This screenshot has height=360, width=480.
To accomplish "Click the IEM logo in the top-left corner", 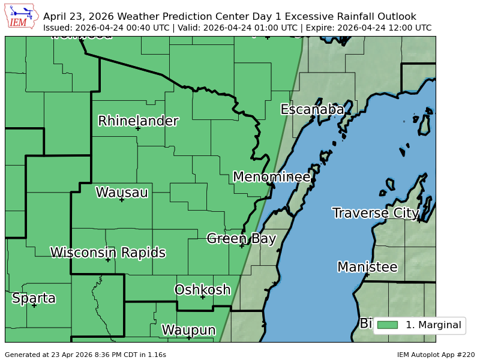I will click(x=22, y=16).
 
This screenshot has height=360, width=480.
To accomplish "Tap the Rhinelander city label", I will click(x=138, y=121).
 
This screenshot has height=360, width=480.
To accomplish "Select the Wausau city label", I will click(x=122, y=192).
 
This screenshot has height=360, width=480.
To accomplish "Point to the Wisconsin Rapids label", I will click(x=108, y=252).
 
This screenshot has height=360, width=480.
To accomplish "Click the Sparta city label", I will click(x=34, y=298).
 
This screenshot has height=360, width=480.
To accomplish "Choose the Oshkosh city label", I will click(x=202, y=290).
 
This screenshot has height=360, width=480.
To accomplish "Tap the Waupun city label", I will click(x=188, y=330).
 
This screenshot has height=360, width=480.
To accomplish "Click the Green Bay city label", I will click(x=241, y=238).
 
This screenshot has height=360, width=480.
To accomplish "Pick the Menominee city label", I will click(x=271, y=176).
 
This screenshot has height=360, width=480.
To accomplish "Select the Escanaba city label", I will click(x=312, y=109).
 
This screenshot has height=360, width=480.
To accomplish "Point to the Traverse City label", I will click(x=376, y=212).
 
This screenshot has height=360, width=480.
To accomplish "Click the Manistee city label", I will click(x=367, y=266).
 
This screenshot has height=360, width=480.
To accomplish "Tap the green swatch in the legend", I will click(x=387, y=325).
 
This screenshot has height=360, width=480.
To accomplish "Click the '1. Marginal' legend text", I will click(x=433, y=325).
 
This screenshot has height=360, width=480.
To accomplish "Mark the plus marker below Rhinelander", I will click(x=138, y=128).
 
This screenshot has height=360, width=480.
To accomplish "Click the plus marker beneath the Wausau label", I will click(x=122, y=199).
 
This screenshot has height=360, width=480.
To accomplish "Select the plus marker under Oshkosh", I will click(x=203, y=297).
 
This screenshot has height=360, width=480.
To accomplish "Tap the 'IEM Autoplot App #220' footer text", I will click(x=436, y=355).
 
